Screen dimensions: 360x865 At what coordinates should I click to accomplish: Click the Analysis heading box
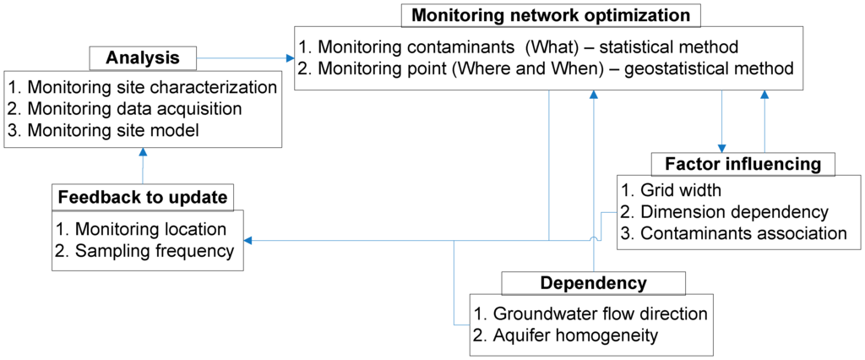click(143, 58)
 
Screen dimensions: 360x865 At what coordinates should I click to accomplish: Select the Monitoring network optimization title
click(551, 15)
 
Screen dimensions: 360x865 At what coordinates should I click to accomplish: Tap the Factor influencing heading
click(743, 164)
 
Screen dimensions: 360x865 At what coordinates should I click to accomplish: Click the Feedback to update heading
click(142, 198)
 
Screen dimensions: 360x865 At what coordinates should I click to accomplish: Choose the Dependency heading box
click(593, 283)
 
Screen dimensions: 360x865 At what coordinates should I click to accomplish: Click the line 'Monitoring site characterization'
click(142, 88)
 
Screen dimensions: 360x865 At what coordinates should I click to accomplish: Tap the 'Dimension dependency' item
click(725, 211)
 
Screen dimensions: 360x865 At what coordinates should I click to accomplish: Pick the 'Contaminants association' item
click(733, 232)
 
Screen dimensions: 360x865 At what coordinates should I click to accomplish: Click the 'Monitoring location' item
click(141, 229)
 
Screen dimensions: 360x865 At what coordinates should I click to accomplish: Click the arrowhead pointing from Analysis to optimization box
click(290, 58)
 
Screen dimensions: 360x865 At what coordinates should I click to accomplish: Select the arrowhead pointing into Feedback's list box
click(251, 241)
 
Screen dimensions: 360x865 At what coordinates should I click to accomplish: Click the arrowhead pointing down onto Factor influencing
click(721, 147)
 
